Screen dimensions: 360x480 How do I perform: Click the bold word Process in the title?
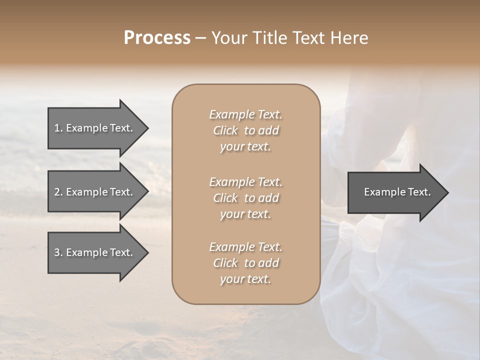pyautogui.click(x=157, y=38)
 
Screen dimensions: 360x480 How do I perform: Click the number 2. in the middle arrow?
pyautogui.click(x=58, y=192)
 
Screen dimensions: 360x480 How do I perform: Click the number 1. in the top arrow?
pyautogui.click(x=58, y=128)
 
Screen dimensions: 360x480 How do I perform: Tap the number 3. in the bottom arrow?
pyautogui.click(x=58, y=252)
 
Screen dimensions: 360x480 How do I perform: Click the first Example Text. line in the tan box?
pyautogui.click(x=245, y=114)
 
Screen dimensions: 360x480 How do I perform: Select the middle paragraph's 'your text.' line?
pyautogui.click(x=245, y=214)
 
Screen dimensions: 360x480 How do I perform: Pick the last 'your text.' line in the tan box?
pyautogui.click(x=245, y=279)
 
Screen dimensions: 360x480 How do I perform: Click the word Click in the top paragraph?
pyautogui.click(x=225, y=130)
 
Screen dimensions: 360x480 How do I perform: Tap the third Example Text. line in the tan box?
pyautogui.click(x=245, y=247)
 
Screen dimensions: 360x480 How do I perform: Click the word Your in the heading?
pyautogui.click(x=227, y=38)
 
